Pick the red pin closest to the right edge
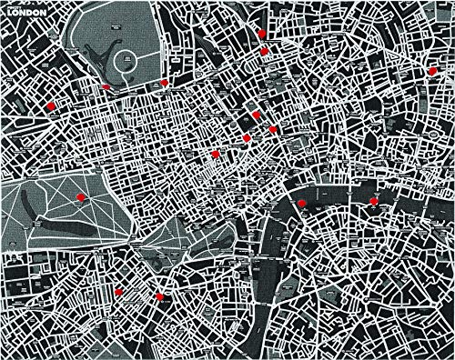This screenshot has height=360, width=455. pos(431,70)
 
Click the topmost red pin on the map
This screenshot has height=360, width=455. pos(261,33)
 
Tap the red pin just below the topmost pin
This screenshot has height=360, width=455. pos(264,51)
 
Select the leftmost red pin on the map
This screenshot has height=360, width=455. pos(50,106)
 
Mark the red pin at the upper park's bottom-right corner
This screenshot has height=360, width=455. pos(164,83)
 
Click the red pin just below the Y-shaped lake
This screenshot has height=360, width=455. pos(106,87)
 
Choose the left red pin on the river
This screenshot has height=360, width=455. pos(300,202)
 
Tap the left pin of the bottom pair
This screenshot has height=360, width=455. pos(118,291)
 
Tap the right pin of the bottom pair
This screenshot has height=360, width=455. pos(159,295)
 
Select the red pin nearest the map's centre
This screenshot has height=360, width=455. pos(216,155)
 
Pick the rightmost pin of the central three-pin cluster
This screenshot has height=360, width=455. pos(273,130)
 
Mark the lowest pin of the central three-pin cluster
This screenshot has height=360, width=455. pos(247,137)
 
